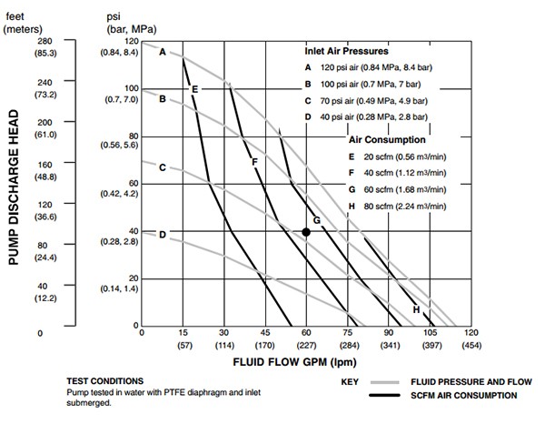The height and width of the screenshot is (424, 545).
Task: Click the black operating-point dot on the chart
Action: coord(306,232)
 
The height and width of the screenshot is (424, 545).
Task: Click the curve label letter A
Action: coord(163,52)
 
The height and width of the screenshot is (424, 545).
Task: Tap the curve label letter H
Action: coord(416,309)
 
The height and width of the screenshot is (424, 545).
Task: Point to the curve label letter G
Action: coord(316,220)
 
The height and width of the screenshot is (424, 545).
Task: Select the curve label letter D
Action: coord(163,234)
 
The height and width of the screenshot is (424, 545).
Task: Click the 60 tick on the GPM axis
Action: coord(306,334)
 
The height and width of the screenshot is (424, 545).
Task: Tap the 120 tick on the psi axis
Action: coord(132,42)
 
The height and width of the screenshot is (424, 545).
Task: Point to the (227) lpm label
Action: coord(306,346)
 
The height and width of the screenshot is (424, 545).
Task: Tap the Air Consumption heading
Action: coord(388,140)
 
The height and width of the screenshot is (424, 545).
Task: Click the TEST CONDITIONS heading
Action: coord(105,380)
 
